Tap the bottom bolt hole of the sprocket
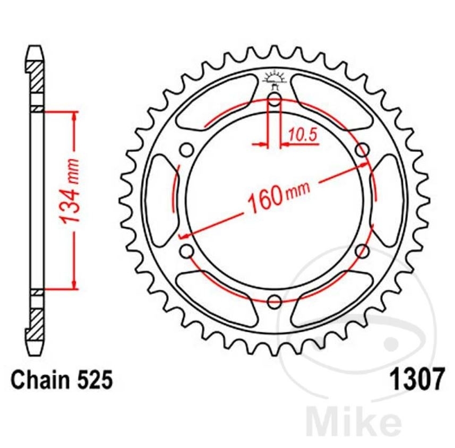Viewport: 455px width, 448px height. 274,302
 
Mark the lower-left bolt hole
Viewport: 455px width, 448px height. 186,251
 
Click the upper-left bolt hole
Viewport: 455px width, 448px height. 186,150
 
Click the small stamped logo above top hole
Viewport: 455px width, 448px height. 274,78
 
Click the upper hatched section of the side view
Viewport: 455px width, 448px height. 36,80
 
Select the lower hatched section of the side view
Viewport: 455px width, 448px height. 36,321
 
